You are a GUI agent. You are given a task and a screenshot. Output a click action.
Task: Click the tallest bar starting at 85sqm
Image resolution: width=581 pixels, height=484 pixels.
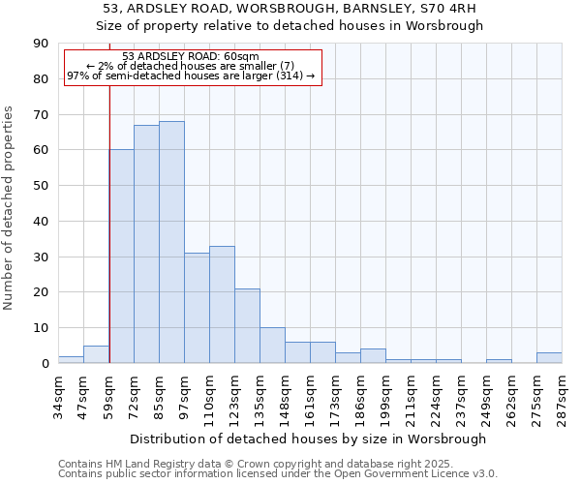(x=171, y=242)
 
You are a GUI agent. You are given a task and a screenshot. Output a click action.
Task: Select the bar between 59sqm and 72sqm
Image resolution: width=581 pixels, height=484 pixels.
(x=121, y=257)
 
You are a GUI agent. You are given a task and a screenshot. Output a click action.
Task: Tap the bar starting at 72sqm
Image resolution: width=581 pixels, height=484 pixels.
(x=146, y=244)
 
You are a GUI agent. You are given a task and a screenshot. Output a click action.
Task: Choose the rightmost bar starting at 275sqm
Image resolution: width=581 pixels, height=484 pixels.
(x=549, y=358)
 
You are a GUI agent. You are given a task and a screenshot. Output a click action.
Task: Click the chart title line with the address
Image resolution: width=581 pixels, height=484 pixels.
(x=290, y=9)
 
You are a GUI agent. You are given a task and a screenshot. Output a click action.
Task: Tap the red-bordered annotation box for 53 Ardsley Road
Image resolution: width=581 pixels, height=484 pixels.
(x=192, y=67)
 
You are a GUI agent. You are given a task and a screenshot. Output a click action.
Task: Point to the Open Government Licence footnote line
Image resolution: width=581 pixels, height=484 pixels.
(x=278, y=474)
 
